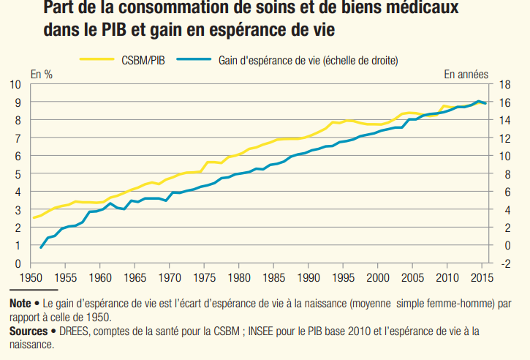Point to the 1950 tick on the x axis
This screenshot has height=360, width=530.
pyautogui.click(x=31, y=277)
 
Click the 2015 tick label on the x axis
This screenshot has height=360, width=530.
pyautogui.click(x=480, y=277)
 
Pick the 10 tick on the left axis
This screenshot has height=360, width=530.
pyautogui.click(x=15, y=84)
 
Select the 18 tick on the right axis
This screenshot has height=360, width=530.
pyautogui.click(x=504, y=84)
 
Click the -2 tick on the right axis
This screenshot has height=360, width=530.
pyautogui.click(x=504, y=263)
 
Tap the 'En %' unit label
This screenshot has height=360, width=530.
pyautogui.click(x=41, y=74)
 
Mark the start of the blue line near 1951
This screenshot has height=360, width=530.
pyautogui.click(x=40, y=248)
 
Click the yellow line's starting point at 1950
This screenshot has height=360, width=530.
pyautogui.click(x=32, y=218)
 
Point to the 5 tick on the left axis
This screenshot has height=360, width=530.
pyautogui.click(x=15, y=173)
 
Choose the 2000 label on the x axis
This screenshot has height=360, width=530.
pyautogui.click(x=377, y=277)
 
